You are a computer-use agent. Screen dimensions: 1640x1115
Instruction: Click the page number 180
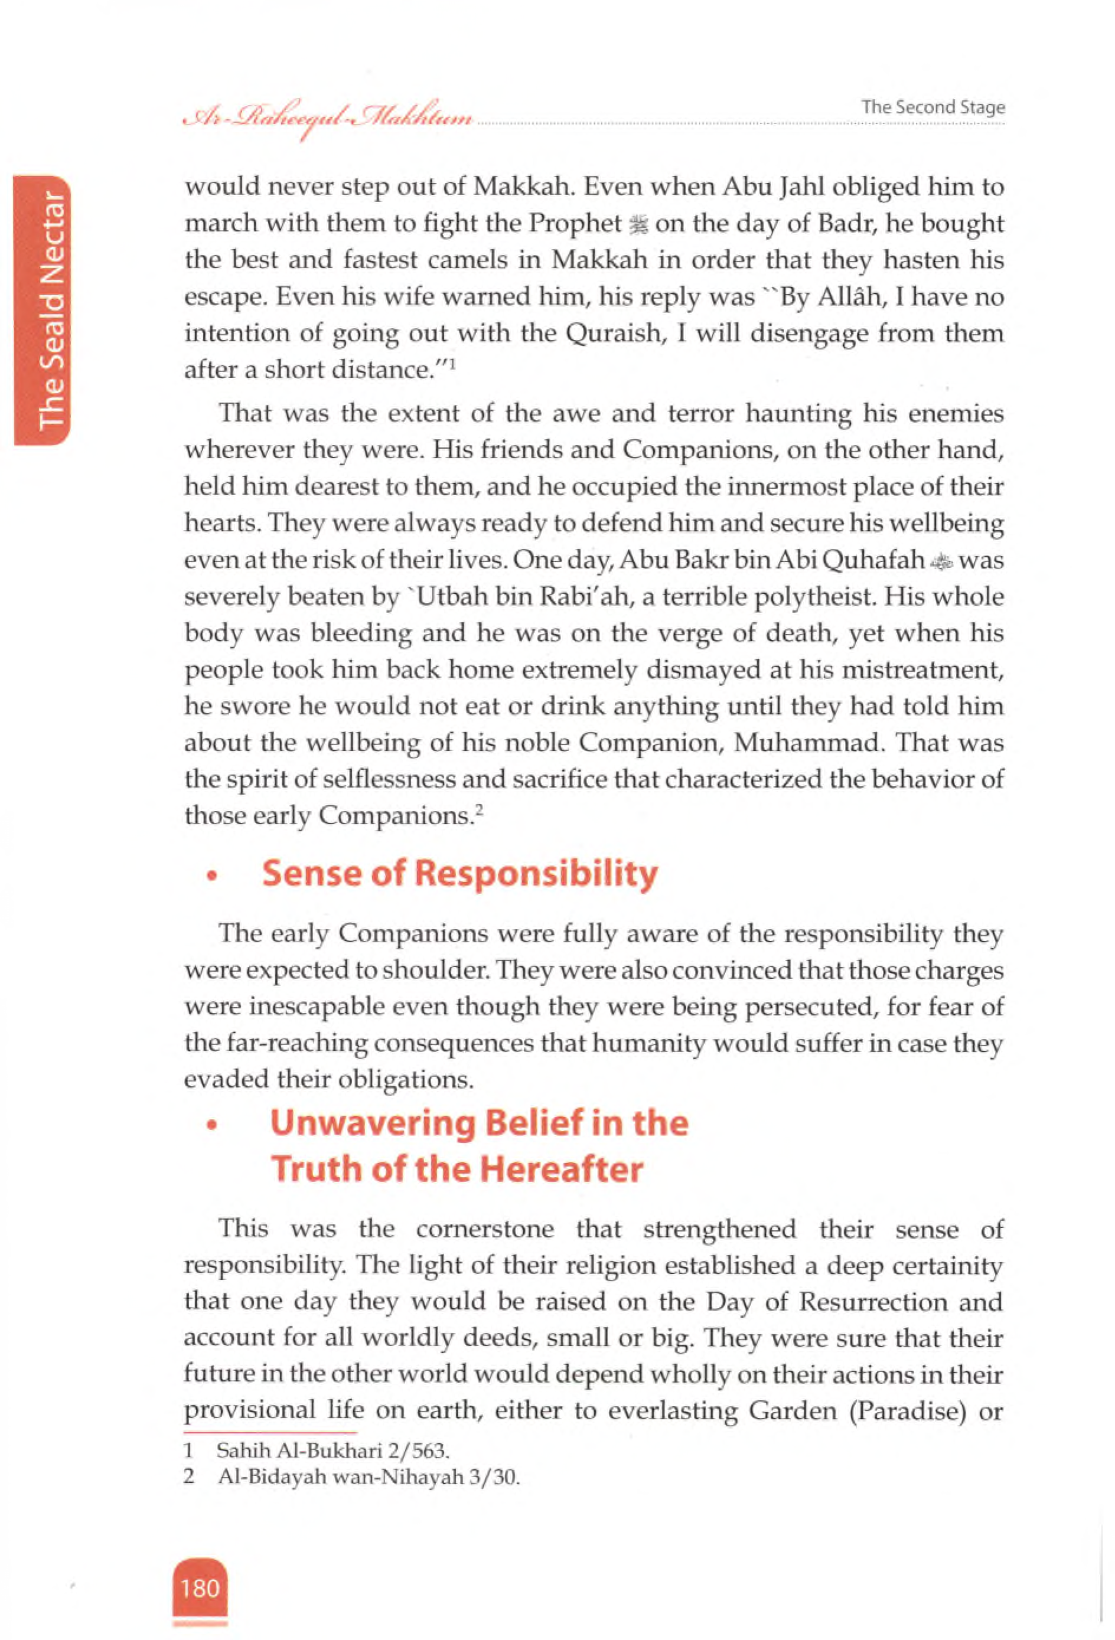[200, 1588]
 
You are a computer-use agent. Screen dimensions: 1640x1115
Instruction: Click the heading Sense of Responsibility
[459, 873]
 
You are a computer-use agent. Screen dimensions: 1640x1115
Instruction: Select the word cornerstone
[484, 1229]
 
